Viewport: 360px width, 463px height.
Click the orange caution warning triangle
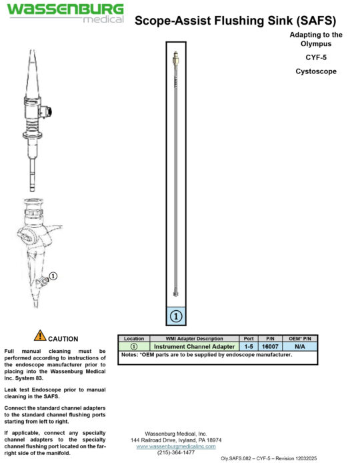tap(40, 336)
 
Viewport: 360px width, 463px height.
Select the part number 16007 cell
tap(270, 346)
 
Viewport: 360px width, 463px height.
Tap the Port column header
tap(249, 339)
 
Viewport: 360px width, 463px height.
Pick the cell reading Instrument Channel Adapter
tap(194, 346)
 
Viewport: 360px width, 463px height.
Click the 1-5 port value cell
tap(249, 346)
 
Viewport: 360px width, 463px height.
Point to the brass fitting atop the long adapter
tap(175, 59)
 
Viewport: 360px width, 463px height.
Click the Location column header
tap(133, 339)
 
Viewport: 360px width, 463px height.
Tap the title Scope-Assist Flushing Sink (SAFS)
tap(235, 20)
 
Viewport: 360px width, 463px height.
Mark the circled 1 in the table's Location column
tap(133, 346)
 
